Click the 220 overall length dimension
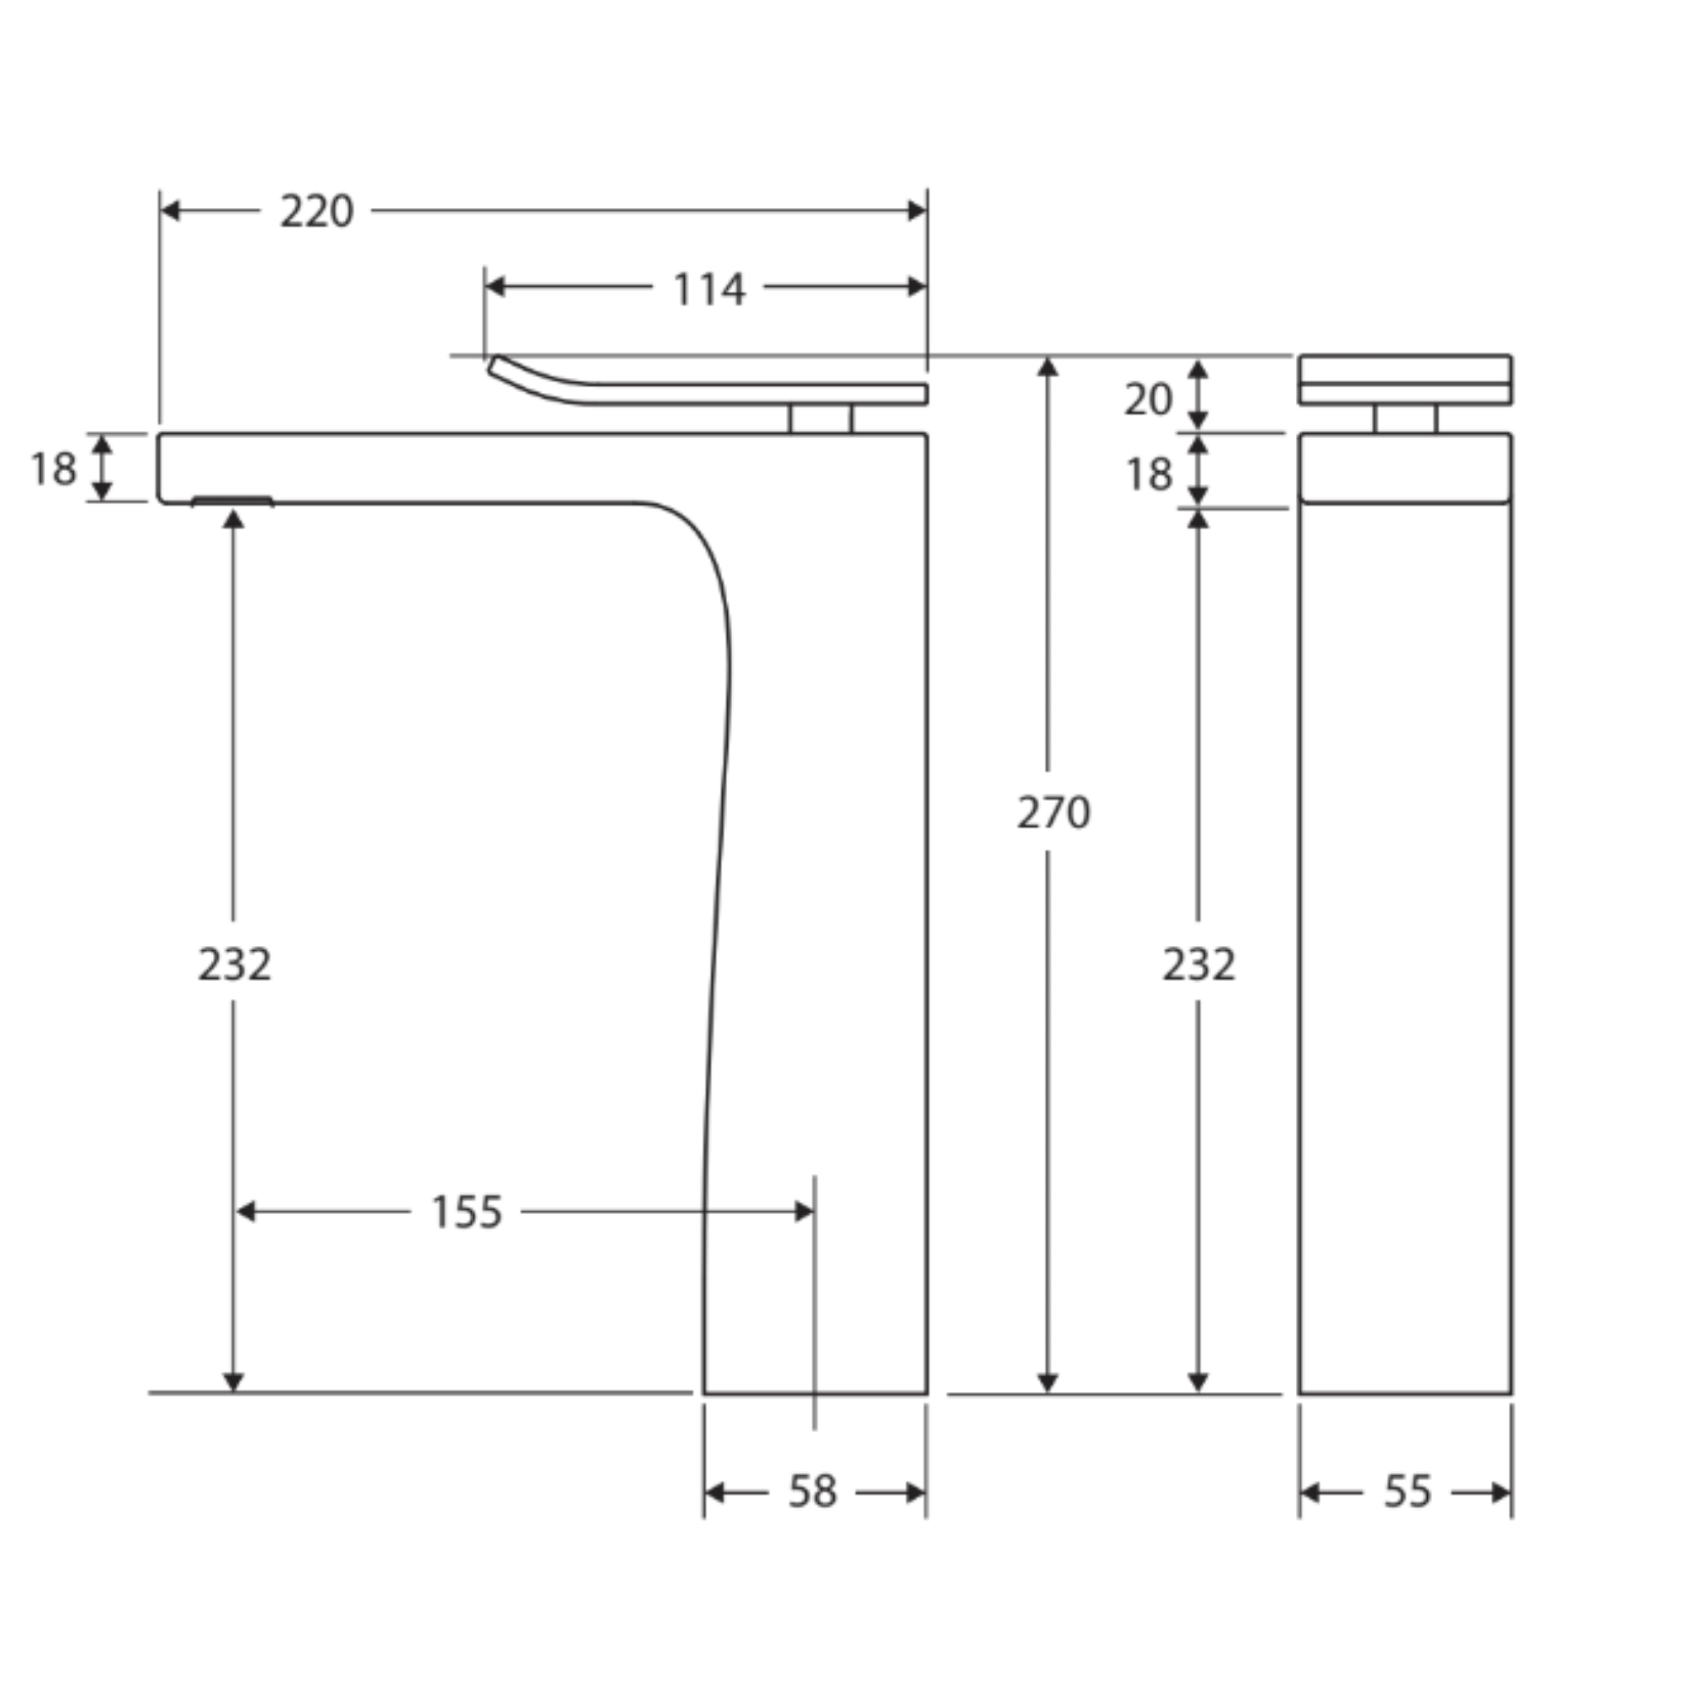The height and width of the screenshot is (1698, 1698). click(317, 211)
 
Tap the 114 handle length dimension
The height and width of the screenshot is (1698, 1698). click(708, 289)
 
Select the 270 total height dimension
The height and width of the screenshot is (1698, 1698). click(1053, 812)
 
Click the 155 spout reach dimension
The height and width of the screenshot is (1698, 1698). click(466, 1212)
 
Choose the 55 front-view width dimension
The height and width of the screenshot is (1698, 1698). click(1407, 1492)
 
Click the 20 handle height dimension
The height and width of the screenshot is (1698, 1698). click(1147, 400)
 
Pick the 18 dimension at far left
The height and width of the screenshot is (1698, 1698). click(53, 469)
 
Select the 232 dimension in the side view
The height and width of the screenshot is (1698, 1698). click(234, 964)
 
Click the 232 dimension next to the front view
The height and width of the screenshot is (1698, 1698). click(1199, 964)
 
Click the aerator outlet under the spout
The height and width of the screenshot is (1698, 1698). click(233, 501)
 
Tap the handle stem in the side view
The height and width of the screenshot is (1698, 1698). click(820, 419)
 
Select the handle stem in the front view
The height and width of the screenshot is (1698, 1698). click(1405, 419)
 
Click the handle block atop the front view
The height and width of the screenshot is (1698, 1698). click(1405, 380)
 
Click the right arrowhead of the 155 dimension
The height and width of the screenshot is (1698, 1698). click(804, 1212)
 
